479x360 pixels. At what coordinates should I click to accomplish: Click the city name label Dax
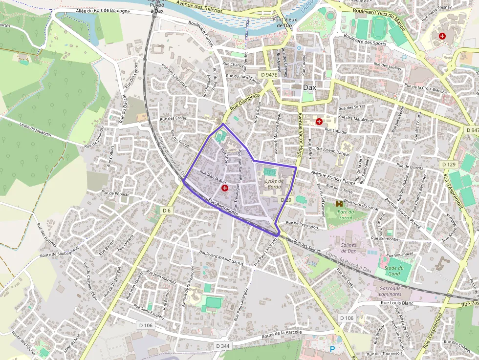[309, 87]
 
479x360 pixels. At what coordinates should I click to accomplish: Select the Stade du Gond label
[393, 271]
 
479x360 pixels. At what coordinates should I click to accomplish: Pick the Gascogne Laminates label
[390, 291]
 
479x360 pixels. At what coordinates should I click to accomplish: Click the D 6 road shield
[167, 211]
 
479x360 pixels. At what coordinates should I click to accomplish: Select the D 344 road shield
[222, 346]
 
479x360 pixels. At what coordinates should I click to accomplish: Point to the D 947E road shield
[268, 75]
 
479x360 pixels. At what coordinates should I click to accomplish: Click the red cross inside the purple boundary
[224, 188]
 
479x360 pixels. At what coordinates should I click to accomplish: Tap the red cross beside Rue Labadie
[319, 121]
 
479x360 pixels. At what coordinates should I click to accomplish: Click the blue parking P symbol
[333, 349]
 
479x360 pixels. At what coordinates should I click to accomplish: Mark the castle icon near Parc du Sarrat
[339, 203]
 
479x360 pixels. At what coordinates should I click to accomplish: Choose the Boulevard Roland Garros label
[221, 257]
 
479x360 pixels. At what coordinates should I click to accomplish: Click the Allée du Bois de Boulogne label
[103, 11]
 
